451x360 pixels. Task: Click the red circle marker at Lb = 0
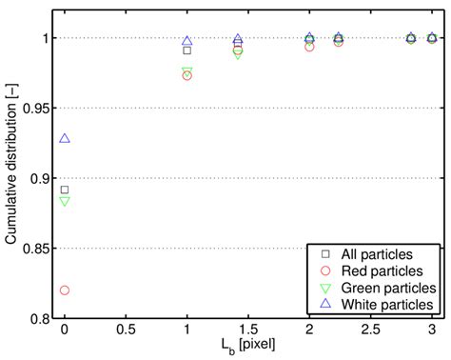tap(65, 290)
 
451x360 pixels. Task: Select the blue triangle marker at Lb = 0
tap(65, 138)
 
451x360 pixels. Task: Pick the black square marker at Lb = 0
tap(65, 190)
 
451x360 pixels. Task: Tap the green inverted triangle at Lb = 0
tap(65, 201)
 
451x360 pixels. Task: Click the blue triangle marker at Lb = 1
tap(187, 41)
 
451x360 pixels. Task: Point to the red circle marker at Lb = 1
tap(187, 75)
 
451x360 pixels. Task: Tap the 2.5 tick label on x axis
tap(371, 332)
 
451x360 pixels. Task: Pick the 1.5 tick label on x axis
tap(248, 332)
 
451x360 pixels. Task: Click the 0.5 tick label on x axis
tap(126, 332)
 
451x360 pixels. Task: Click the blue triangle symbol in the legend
tap(324, 303)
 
